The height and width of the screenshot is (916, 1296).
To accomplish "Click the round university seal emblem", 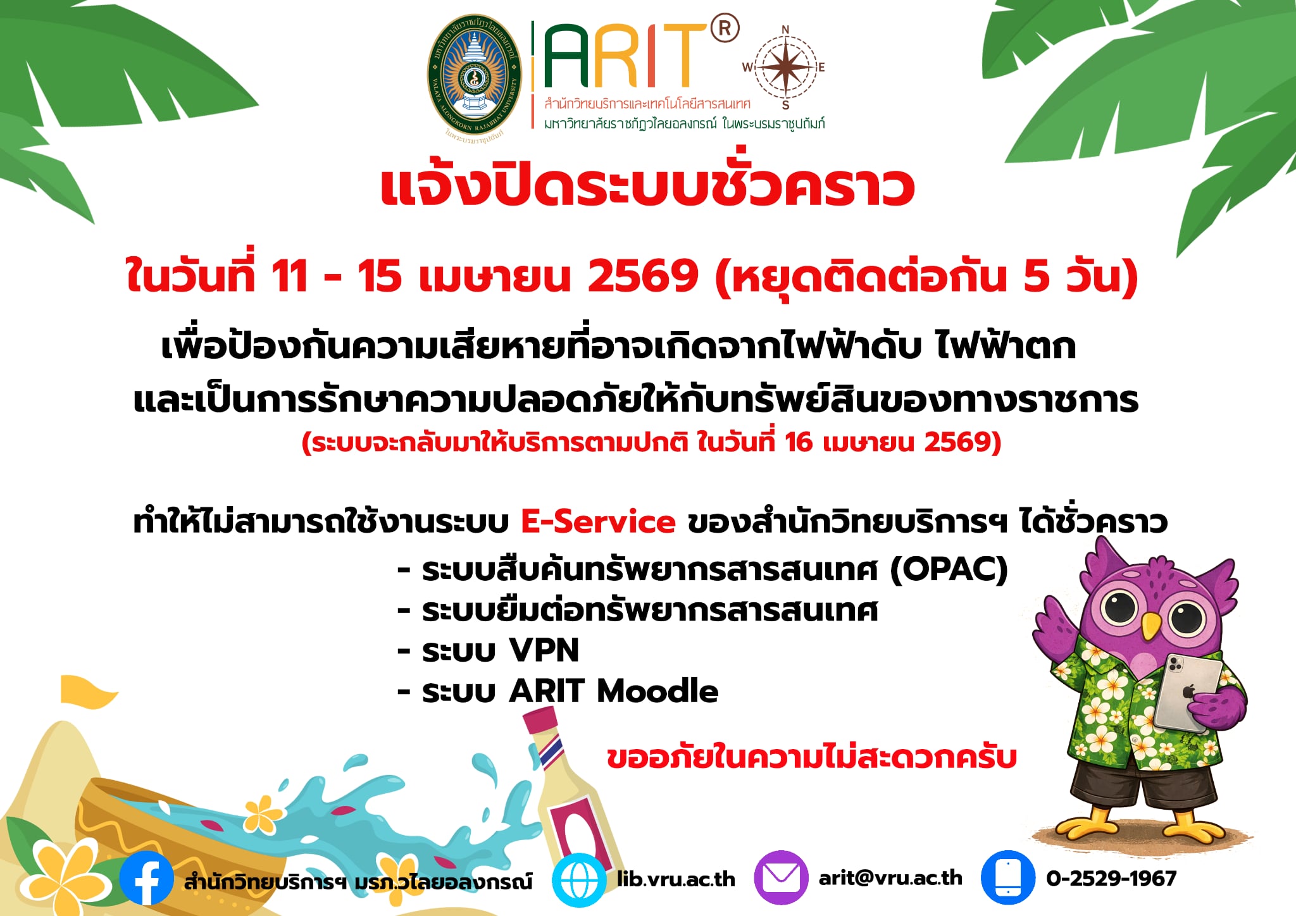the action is pyautogui.click(x=475, y=77).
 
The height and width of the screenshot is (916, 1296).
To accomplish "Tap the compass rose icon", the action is pyautogui.click(x=784, y=67).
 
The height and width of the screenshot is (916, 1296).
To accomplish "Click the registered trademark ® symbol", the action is pyautogui.click(x=725, y=29).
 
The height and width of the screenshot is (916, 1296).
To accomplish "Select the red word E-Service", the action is pyautogui.click(x=598, y=522).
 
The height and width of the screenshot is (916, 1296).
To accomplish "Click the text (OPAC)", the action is pyautogui.click(x=949, y=569).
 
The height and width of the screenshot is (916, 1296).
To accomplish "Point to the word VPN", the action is pyautogui.click(x=544, y=650).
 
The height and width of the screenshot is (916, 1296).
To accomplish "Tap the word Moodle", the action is pyautogui.click(x=657, y=691).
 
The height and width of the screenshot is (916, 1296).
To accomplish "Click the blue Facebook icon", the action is pyautogui.click(x=146, y=879).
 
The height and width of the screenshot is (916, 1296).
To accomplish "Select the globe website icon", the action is pyautogui.click(x=578, y=880).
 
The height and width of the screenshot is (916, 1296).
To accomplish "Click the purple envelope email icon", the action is pyautogui.click(x=781, y=878).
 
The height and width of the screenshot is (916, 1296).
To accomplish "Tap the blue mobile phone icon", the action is pyautogui.click(x=1007, y=878).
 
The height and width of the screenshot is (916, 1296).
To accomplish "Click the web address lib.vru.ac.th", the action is pyautogui.click(x=676, y=879).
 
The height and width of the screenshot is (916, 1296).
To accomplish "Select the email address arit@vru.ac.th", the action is pyautogui.click(x=890, y=878).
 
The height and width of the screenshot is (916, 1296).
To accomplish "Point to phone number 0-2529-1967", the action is pyautogui.click(x=1111, y=878).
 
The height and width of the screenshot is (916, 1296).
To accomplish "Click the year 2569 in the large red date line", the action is pyautogui.click(x=642, y=276).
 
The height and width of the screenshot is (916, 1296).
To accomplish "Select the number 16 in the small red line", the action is pyautogui.click(x=799, y=442).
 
